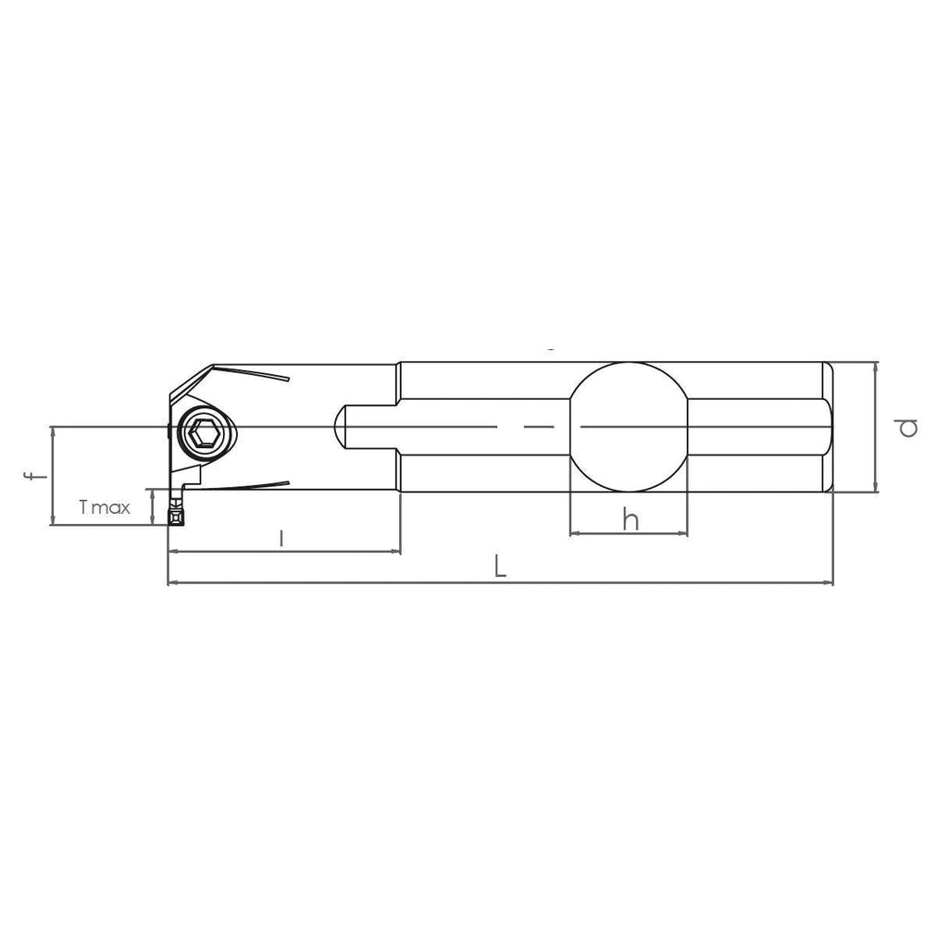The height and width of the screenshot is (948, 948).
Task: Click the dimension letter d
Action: (908, 428)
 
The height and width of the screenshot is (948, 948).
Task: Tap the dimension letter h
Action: (630, 519)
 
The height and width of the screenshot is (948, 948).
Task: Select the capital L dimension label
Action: (500, 568)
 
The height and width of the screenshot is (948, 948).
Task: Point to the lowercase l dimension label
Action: (281, 538)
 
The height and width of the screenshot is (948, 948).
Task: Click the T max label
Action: (105, 506)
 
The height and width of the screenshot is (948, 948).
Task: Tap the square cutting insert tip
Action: (176, 517)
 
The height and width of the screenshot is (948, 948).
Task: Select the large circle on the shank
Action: (629, 363)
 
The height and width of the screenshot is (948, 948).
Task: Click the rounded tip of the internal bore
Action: (336, 428)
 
